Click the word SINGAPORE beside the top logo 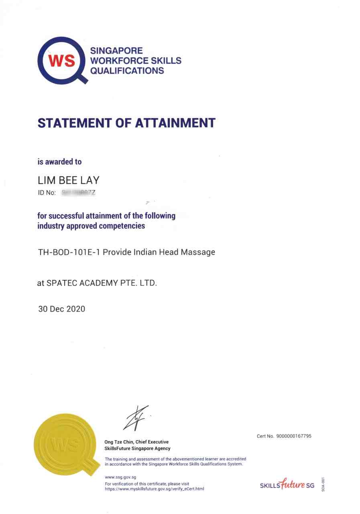tap(116, 51)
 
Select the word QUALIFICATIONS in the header tap(127, 71)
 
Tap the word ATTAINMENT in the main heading tap(175, 123)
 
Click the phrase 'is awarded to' tap(59, 162)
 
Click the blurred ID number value tap(79, 193)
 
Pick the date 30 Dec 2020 tap(61, 309)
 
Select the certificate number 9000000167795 tap(294, 436)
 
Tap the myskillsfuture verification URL tap(155, 489)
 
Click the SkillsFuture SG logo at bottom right tap(287, 485)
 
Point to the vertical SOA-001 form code tap(323, 485)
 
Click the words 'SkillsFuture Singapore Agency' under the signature tap(137, 449)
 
